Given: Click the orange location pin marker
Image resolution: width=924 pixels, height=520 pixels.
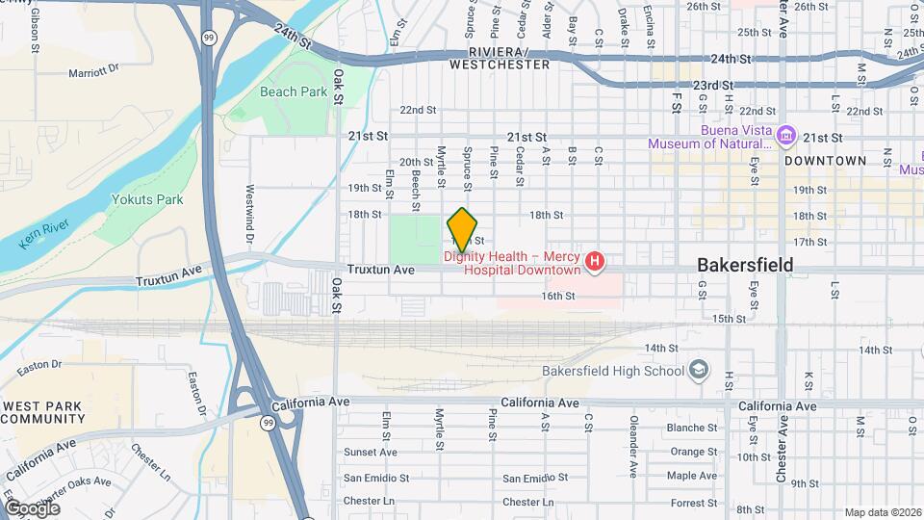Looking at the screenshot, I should coord(463,229).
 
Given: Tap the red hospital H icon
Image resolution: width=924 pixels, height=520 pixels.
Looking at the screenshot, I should coord(596,261).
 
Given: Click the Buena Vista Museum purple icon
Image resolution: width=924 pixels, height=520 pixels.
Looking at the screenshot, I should coord(786,134).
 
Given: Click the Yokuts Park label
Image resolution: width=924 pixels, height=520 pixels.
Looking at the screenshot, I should coord(147,200).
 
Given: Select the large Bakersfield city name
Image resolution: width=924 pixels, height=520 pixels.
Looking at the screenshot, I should coord(746,264).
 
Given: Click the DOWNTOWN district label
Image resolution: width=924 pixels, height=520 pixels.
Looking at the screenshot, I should coord(825,161).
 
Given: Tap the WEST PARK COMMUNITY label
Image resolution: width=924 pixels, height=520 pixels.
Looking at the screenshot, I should coord(43,412).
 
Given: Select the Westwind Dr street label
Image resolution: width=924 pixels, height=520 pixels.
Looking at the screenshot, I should coord(249,213).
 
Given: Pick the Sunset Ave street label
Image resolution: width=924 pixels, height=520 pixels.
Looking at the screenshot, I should coord(371,452).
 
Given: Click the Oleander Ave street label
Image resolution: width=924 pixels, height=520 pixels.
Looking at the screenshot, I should coord(633,447).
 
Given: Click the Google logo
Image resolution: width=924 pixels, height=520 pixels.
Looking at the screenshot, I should coord(32,507).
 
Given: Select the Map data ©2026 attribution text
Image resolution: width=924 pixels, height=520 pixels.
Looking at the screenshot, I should coord(883,512).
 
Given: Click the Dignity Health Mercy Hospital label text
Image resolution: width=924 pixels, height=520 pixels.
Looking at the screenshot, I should coord(513,263).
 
